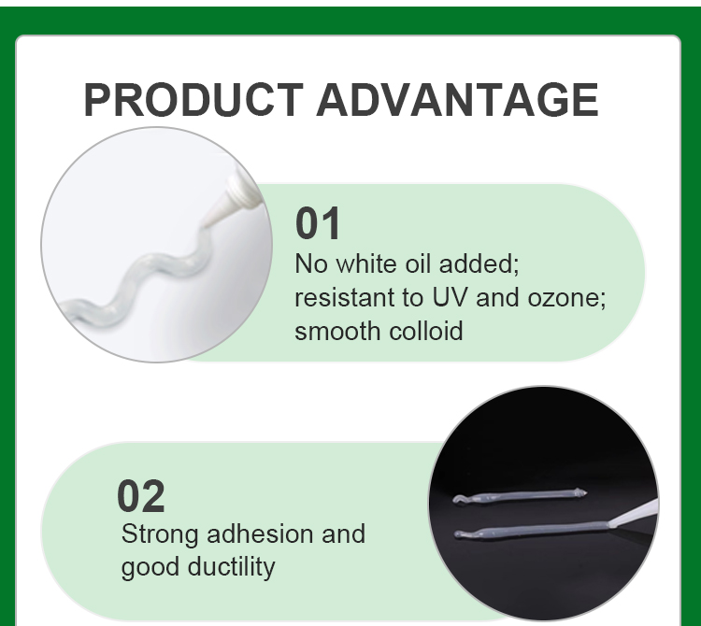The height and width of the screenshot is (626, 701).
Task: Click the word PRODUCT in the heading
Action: pyautogui.click(x=193, y=100)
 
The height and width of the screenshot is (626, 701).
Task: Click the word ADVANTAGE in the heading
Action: pyautogui.click(x=457, y=100)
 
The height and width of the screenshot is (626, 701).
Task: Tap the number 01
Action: pyautogui.click(x=318, y=223)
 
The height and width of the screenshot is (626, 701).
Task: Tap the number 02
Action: pyautogui.click(x=141, y=496)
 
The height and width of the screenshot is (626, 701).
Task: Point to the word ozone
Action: pyautogui.click(x=566, y=298)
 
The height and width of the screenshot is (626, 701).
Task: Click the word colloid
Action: pyautogui.click(x=425, y=331)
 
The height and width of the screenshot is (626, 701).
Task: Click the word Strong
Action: pyautogui.click(x=160, y=534)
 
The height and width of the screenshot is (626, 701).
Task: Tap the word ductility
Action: pyautogui.click(x=231, y=567)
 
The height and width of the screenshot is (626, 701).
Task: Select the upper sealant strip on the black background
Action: pyautogui.click(x=520, y=496)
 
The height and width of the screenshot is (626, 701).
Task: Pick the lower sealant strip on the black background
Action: pyautogui.click(x=532, y=530)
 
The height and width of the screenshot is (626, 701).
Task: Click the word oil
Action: pyautogui.click(x=419, y=263)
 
